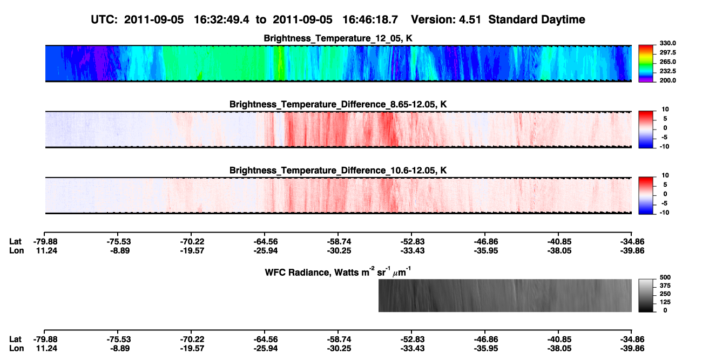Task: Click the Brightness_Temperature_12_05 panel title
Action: tap(338, 38)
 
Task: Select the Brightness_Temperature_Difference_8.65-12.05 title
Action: tap(338, 104)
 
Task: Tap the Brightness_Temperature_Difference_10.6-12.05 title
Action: tap(338, 171)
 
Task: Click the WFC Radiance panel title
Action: tap(338, 271)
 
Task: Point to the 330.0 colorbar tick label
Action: tap(667, 43)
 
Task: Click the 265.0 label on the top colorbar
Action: tap(667, 62)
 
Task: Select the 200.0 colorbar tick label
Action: tap(667, 80)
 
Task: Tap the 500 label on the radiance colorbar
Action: tap(665, 277)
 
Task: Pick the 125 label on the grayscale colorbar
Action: tap(665, 302)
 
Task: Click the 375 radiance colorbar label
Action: tap(665, 286)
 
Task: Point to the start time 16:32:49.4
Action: tap(221, 19)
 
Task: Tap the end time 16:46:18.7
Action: tap(370, 19)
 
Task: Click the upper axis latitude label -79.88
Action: tap(45, 242)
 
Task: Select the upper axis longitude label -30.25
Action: tap(339, 250)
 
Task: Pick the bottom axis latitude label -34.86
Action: tap(632, 339)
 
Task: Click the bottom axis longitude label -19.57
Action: tap(192, 349)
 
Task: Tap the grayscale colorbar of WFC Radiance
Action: tap(646, 295)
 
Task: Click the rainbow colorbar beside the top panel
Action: tap(646, 64)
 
